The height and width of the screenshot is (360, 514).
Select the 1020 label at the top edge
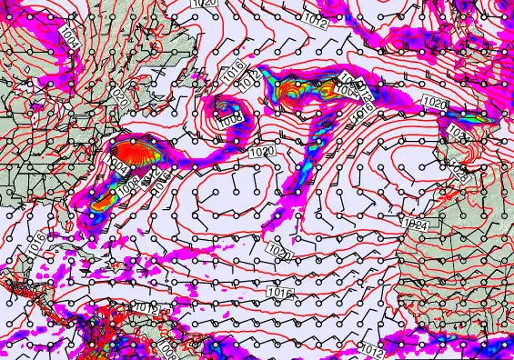(206, 4)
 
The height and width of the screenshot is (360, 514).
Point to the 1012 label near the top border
(316, 20)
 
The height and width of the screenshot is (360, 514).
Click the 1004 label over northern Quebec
(70, 37)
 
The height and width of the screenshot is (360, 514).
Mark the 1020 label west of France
(435, 105)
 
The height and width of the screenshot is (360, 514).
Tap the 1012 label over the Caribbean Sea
(146, 307)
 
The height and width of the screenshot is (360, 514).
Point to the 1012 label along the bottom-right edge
(371, 349)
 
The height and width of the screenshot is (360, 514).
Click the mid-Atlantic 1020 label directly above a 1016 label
(279, 255)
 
